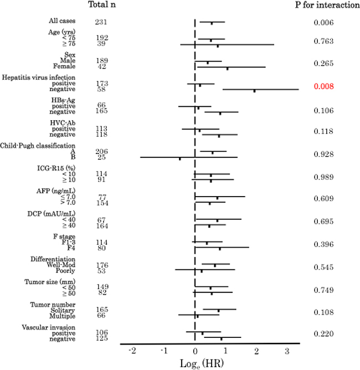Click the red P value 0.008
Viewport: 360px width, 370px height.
pyautogui.click(x=322, y=86)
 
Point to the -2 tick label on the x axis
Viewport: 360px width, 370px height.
pyautogui.click(x=132, y=351)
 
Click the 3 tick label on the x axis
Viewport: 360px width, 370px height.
pyautogui.click(x=287, y=351)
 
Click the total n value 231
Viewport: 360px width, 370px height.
pyautogui.click(x=101, y=22)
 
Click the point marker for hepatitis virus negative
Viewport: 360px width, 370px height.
pyautogui.click(x=255, y=90)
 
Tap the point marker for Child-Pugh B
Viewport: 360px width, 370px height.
pyautogui.click(x=179, y=158)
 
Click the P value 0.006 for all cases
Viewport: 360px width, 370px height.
pyautogui.click(x=322, y=22)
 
